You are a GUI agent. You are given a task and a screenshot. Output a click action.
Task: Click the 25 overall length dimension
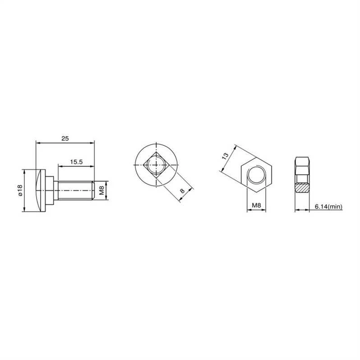pos(65,138)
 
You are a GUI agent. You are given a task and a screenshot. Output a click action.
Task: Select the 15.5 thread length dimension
pos(76,162)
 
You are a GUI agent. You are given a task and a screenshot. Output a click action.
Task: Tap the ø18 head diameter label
pos(20,190)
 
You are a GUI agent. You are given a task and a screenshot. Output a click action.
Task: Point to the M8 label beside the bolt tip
pos(102,190)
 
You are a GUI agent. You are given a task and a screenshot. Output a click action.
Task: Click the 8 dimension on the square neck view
pos(183,191)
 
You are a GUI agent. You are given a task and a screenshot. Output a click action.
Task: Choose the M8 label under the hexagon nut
pos(256,205)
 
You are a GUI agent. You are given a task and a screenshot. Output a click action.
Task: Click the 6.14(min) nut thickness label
pos(328,207)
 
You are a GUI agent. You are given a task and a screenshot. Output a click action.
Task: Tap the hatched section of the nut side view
pos(302,188)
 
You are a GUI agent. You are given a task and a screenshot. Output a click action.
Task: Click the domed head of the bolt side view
pos(41,190)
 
